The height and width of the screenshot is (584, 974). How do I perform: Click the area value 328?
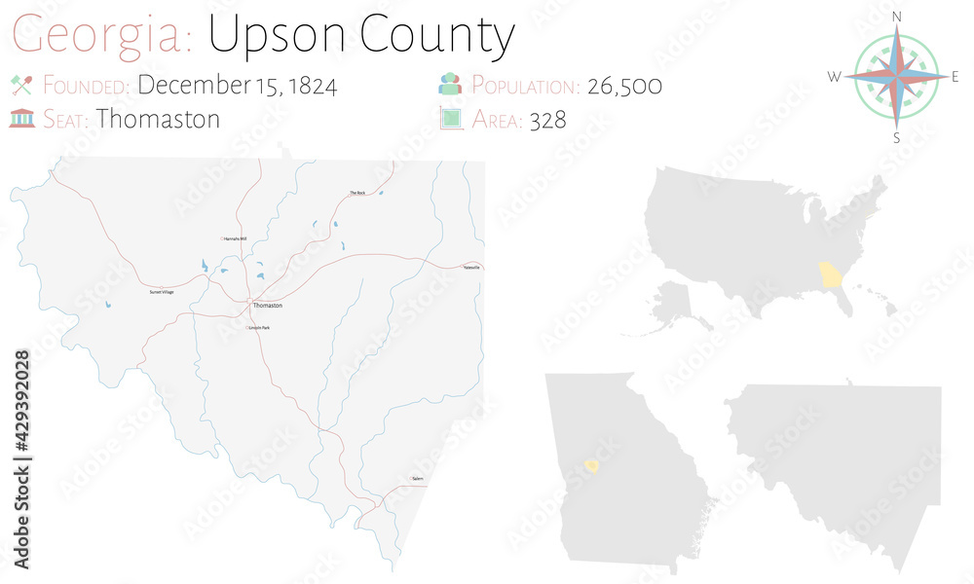click(x=549, y=120)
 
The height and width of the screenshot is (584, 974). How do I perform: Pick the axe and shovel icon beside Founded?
click(x=21, y=85)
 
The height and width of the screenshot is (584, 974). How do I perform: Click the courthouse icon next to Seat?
click(x=21, y=119)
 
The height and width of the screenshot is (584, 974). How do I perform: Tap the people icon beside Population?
click(x=450, y=85)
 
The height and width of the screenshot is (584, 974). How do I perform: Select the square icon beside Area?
click(x=450, y=119)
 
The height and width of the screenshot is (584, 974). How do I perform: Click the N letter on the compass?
click(x=897, y=17)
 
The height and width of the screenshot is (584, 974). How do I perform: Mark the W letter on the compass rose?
click(x=834, y=77)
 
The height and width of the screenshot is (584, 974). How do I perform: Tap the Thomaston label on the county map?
click(x=267, y=306)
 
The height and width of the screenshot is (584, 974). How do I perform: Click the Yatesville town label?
click(x=471, y=267)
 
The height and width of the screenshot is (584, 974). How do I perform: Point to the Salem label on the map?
click(x=418, y=479)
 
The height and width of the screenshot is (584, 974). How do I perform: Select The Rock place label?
click(x=357, y=193)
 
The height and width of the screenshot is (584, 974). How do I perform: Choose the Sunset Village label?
click(x=162, y=292)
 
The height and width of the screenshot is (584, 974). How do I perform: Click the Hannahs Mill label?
click(x=235, y=238)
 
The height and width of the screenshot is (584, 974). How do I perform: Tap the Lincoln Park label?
click(x=259, y=328)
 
